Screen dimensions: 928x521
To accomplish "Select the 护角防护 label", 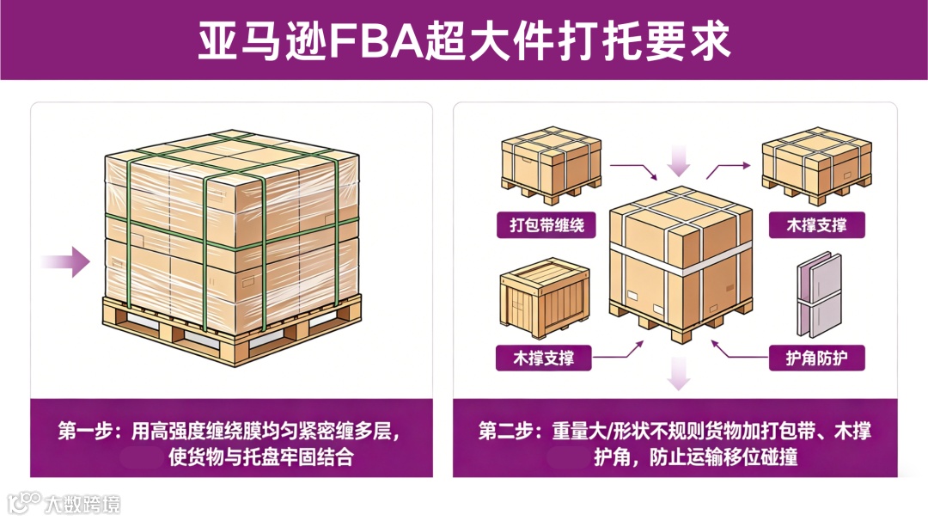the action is pos(814,358).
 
